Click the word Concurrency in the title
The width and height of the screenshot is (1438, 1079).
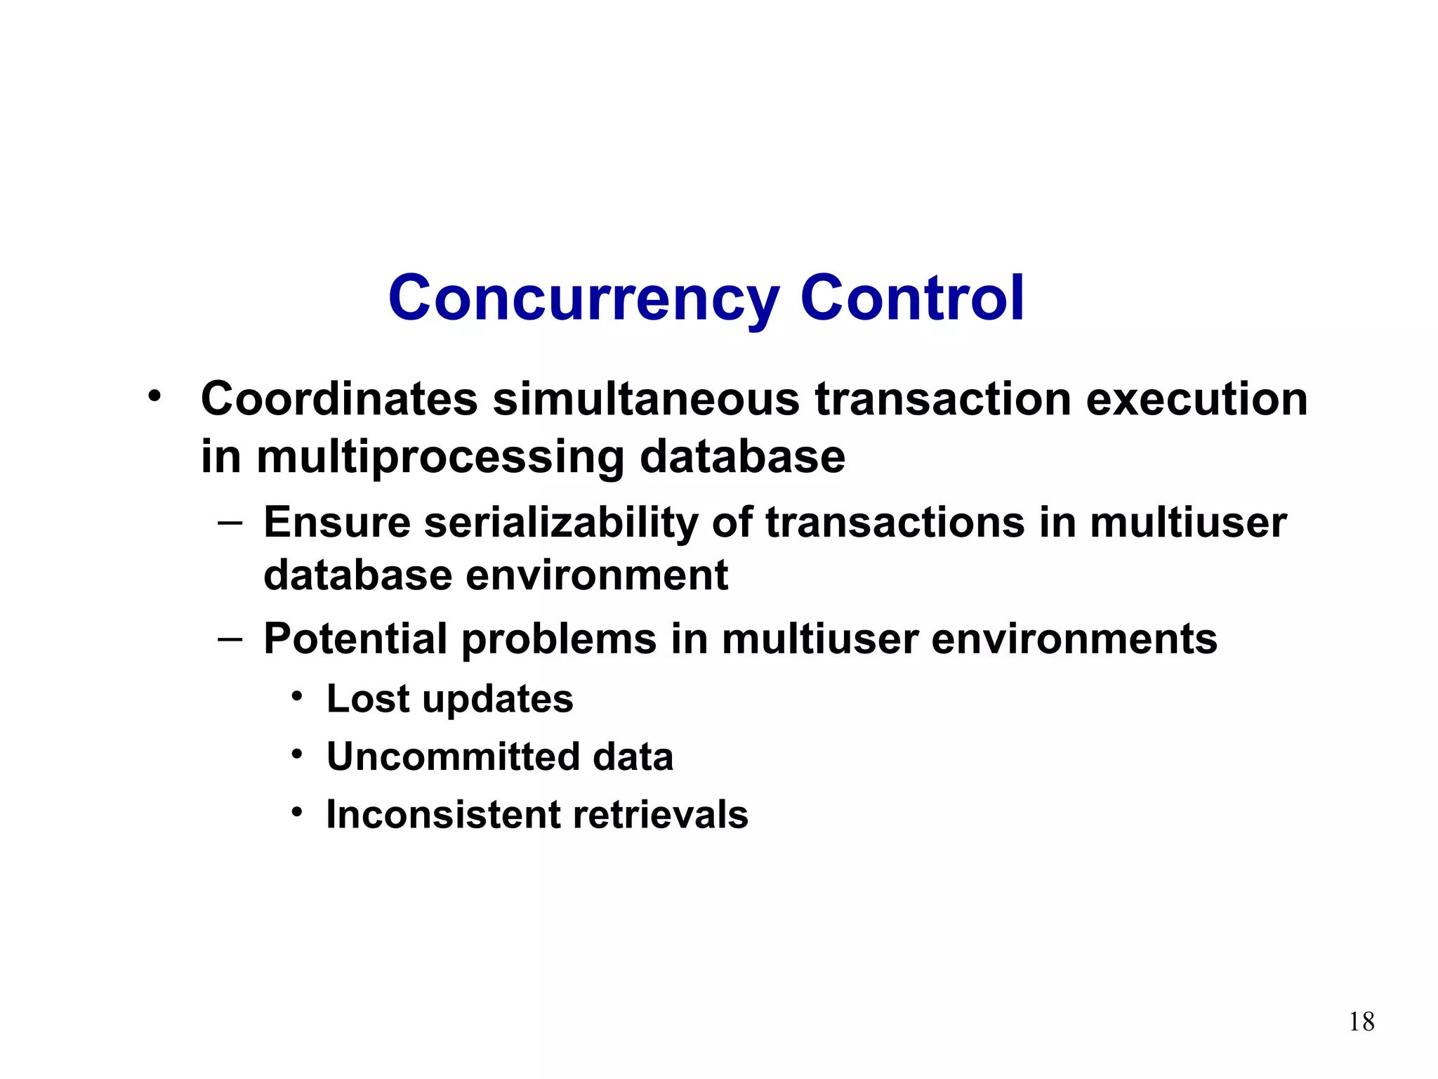click(x=583, y=299)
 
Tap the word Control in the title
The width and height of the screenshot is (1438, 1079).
click(x=912, y=299)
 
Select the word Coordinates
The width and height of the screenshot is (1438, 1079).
click(x=339, y=399)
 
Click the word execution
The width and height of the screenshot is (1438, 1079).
click(x=1196, y=399)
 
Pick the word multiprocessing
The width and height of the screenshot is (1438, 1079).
click(x=440, y=457)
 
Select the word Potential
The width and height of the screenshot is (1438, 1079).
click(x=355, y=639)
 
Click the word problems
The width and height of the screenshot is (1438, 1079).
click(x=558, y=639)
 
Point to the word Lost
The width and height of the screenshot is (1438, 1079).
click(x=368, y=699)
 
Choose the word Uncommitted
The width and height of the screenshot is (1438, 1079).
click(x=453, y=757)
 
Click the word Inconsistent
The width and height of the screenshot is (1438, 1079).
click(x=443, y=815)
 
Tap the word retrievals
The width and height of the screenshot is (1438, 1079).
click(x=661, y=815)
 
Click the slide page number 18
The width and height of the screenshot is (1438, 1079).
click(x=1361, y=1021)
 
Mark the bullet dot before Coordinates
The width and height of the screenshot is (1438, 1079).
click(x=154, y=396)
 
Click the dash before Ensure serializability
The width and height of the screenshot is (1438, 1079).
click(x=230, y=522)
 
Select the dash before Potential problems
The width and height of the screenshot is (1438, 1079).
click(x=230, y=639)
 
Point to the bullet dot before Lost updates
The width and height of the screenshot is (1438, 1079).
click(x=298, y=697)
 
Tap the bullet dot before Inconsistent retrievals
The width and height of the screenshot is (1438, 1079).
click(x=298, y=813)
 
